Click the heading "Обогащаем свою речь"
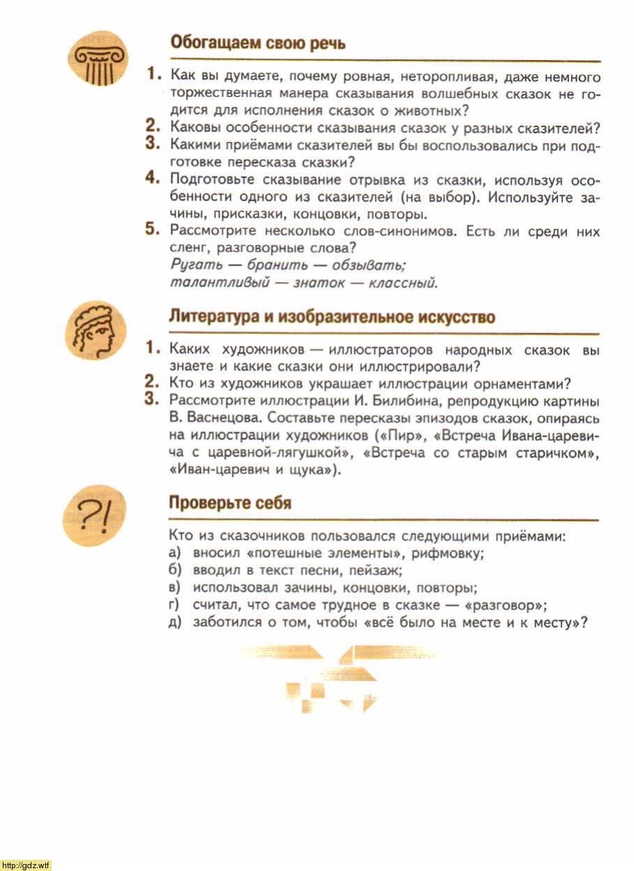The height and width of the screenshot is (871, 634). (x=258, y=43)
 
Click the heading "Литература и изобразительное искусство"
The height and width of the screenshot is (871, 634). (x=332, y=317)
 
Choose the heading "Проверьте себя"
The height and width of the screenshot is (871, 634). (x=230, y=503)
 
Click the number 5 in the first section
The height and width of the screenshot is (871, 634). (x=153, y=229)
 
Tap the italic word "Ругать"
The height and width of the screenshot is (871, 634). (x=190, y=265)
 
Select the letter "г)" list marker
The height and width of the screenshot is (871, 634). (x=174, y=605)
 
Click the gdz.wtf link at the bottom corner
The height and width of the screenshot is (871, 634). (x=26, y=865)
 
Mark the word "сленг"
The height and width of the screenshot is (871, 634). (x=188, y=247)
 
